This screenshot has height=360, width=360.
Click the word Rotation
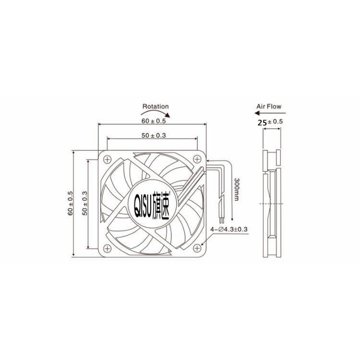[x=156, y=107]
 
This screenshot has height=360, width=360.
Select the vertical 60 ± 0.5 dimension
[x=70, y=204]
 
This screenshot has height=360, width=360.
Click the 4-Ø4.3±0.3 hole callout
[x=228, y=229]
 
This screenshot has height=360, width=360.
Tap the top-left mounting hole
[x=107, y=158]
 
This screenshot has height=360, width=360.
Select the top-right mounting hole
[x=197, y=158]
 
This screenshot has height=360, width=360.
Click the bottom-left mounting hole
[x=107, y=248]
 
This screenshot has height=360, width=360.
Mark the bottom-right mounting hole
[x=197, y=248]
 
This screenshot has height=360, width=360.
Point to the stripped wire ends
[x=221, y=219]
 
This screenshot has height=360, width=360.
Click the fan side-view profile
[x=271, y=204]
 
